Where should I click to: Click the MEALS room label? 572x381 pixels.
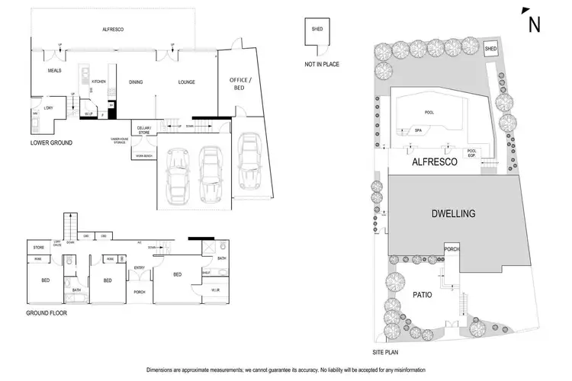click(x=54, y=70)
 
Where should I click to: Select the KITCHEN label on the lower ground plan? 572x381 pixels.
click(x=98, y=81)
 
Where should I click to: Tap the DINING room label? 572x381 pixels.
click(x=136, y=82)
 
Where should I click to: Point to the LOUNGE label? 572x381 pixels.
click(x=187, y=82)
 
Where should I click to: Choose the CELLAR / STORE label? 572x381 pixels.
click(x=143, y=129)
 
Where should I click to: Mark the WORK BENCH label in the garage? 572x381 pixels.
click(x=143, y=156)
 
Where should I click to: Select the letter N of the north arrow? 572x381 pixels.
click(x=535, y=24)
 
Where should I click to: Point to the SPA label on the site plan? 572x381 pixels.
click(x=418, y=130)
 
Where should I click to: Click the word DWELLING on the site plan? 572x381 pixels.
click(x=453, y=214)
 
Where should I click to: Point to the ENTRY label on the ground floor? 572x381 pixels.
click(x=139, y=267)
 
